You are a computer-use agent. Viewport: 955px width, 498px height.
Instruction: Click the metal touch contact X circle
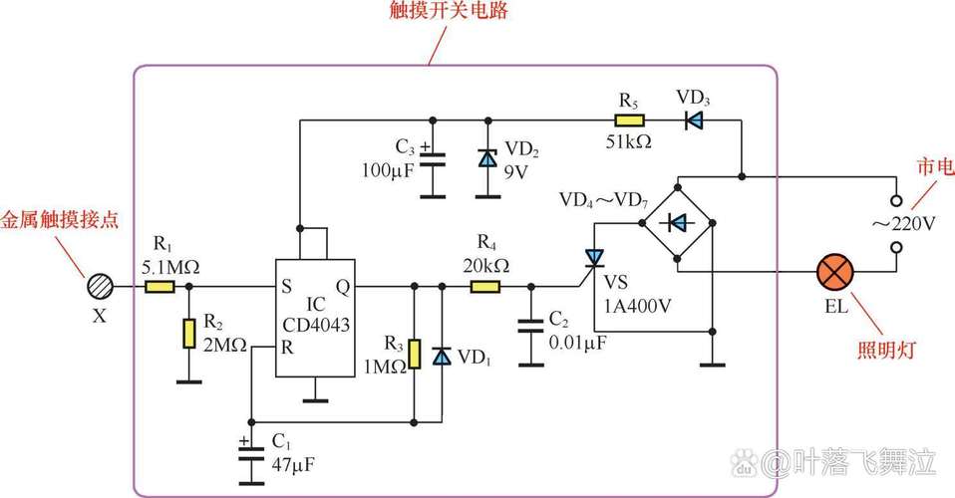pyautogui.click(x=101, y=286)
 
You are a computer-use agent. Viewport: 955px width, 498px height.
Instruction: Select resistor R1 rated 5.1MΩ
pyautogui.click(x=160, y=287)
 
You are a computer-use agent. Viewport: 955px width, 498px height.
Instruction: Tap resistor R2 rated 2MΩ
pyautogui.click(x=187, y=334)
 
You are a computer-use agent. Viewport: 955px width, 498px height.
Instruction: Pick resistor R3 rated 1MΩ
pyautogui.click(x=414, y=355)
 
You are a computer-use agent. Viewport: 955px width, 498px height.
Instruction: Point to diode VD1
pyautogui.click(x=442, y=356)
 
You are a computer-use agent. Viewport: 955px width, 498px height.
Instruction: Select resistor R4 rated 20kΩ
pyautogui.click(x=485, y=287)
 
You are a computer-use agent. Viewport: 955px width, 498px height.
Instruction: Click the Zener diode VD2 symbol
pyautogui.click(x=487, y=158)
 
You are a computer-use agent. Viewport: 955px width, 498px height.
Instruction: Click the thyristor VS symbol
pyautogui.click(x=595, y=259)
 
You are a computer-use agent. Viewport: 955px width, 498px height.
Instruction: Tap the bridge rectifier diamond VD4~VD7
pyautogui.click(x=677, y=224)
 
